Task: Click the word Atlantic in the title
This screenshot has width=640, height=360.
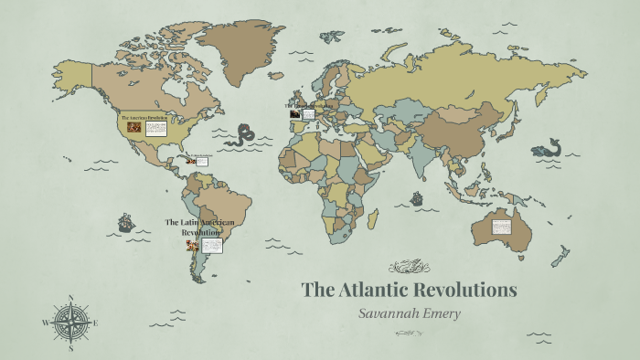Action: pyautogui.click(x=376, y=291)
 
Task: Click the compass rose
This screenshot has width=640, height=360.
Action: pyautogui.click(x=70, y=322)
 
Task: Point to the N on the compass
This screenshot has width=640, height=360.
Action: pyautogui.click(x=70, y=298)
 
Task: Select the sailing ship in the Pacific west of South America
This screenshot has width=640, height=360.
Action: pyautogui.click(x=126, y=222)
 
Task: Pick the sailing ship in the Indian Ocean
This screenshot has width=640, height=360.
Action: pyautogui.click(x=417, y=197)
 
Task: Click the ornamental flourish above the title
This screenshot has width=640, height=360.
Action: pyautogui.click(x=408, y=268)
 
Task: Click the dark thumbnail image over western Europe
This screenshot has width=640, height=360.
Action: pyautogui.click(x=294, y=114)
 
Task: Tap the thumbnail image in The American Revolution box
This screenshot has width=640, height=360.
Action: pyautogui.click(x=134, y=129)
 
